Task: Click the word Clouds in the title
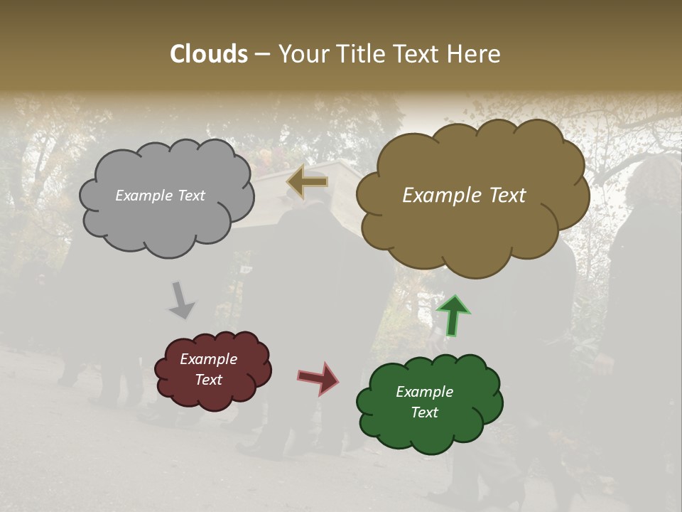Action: point(208,54)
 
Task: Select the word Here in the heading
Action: point(475,54)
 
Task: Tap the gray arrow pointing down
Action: point(181,300)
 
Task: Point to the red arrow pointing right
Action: point(318,378)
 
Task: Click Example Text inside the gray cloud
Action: point(160,196)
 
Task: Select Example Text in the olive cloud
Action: point(464,196)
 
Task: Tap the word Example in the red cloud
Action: point(208,360)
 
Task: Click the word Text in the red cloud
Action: point(208,380)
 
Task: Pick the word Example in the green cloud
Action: point(424,392)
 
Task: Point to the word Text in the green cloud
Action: point(424,412)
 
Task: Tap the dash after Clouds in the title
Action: point(261,55)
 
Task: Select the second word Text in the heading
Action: point(420,54)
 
